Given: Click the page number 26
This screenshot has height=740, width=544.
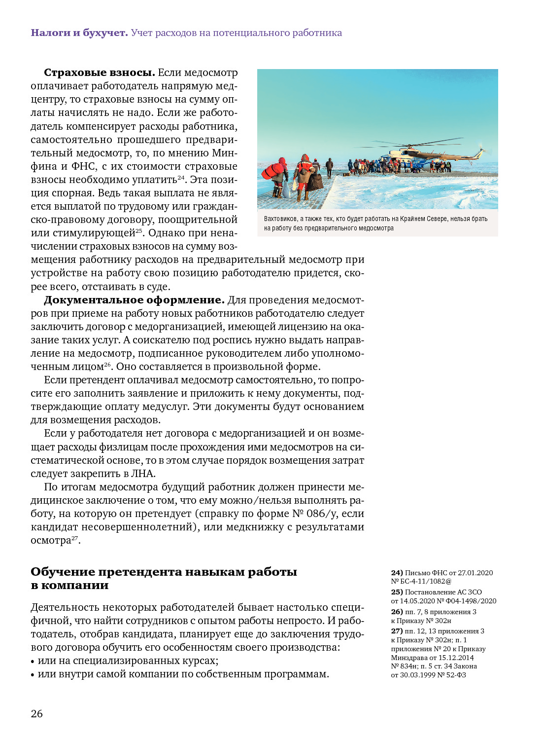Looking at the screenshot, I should [x=37, y=713].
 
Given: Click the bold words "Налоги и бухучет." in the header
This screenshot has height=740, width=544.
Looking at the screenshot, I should [x=79, y=33].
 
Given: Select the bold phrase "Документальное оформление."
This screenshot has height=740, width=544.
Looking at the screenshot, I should [x=134, y=300].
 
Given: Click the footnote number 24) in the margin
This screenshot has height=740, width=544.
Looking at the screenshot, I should [x=397, y=573].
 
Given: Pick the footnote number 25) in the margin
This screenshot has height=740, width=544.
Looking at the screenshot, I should [x=397, y=592].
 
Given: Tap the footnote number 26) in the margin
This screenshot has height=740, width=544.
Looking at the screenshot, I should [x=397, y=612].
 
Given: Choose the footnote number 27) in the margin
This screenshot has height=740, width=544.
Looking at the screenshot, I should [x=397, y=631].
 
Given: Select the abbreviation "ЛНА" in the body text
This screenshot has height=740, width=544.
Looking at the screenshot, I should [x=143, y=474].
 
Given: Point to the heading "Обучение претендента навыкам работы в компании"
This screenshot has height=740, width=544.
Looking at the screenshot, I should [x=164, y=578].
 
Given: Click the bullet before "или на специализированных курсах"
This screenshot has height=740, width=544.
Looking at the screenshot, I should [x=33, y=662].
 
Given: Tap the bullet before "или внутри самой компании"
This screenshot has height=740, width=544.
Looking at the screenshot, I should [x=33, y=675].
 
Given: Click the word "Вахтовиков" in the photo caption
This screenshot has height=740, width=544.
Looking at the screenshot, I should [x=280, y=219].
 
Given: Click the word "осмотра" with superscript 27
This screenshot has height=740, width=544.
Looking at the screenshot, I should [x=51, y=540].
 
